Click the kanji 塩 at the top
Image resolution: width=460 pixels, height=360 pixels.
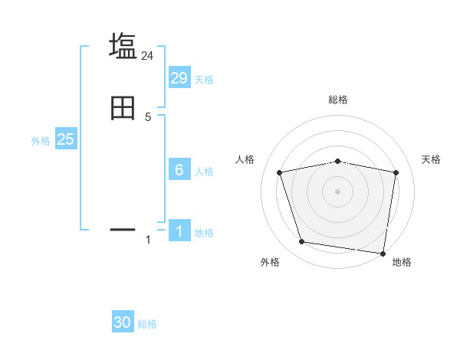coord(123,46)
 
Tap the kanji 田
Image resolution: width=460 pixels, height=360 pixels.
coord(123,108)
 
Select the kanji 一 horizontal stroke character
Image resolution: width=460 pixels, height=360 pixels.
coord(123,228)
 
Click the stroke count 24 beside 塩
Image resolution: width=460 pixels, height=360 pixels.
coord(148,55)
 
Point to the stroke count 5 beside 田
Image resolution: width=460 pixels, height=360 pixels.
coord(148,116)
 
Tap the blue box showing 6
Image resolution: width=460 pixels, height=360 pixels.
coord(179,169)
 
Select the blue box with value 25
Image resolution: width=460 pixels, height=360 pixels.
coord(65,139)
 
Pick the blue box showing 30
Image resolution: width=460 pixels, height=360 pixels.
coord(123,322)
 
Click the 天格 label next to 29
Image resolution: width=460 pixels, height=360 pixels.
coord(204,80)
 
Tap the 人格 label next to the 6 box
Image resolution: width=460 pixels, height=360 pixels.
coord(204,172)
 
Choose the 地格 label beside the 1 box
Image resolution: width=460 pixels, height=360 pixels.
coord(204,233)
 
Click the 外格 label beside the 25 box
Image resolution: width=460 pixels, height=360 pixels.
coord(41,141)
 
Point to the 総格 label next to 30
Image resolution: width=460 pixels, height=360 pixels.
coord(147,325)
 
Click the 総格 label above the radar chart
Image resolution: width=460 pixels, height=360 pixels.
coord(337,100)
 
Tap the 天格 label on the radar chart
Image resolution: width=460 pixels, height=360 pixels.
coord(432,159)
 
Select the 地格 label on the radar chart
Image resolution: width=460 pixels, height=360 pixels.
coord(402,262)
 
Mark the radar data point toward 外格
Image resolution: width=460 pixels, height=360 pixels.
coord(302,242)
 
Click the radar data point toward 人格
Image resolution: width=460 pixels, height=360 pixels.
coord(280,172)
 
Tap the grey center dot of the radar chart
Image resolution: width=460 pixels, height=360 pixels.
coord(337,191)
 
